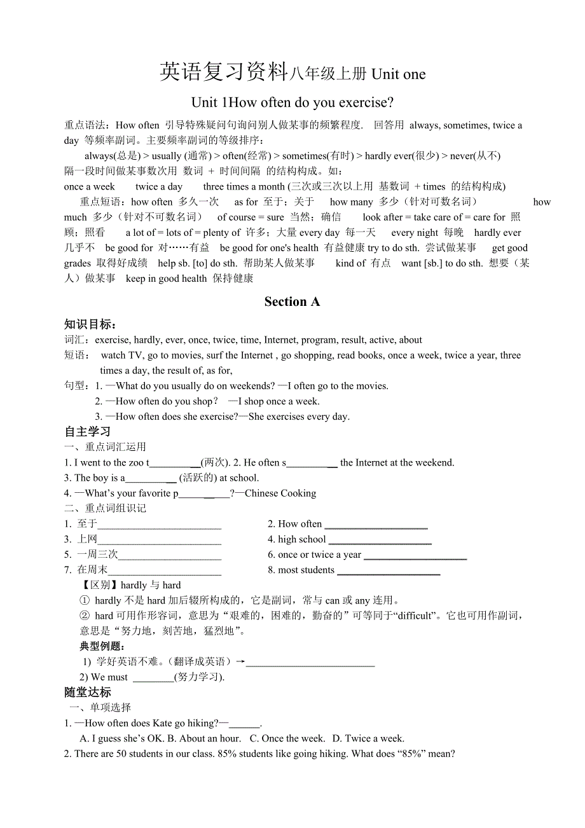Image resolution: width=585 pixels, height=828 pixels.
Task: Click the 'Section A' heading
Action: (x=292, y=302)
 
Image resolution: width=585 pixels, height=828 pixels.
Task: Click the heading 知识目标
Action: (x=90, y=324)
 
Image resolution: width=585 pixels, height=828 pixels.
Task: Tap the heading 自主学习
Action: (x=88, y=432)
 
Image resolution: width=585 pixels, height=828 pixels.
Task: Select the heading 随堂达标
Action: (x=88, y=692)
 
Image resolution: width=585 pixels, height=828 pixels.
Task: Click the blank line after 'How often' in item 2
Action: (x=376, y=525)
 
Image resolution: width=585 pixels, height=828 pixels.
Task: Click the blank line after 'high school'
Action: (x=380, y=541)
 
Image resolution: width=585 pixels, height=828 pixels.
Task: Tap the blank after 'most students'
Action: (x=388, y=571)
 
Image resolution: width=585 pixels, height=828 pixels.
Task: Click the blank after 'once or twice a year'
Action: (x=415, y=556)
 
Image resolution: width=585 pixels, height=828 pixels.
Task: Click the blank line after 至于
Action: (x=159, y=525)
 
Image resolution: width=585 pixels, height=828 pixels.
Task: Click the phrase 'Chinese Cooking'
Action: (x=280, y=493)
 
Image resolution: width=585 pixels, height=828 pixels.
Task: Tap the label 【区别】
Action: (x=98, y=585)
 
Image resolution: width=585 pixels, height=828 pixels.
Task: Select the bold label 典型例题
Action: (x=102, y=646)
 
